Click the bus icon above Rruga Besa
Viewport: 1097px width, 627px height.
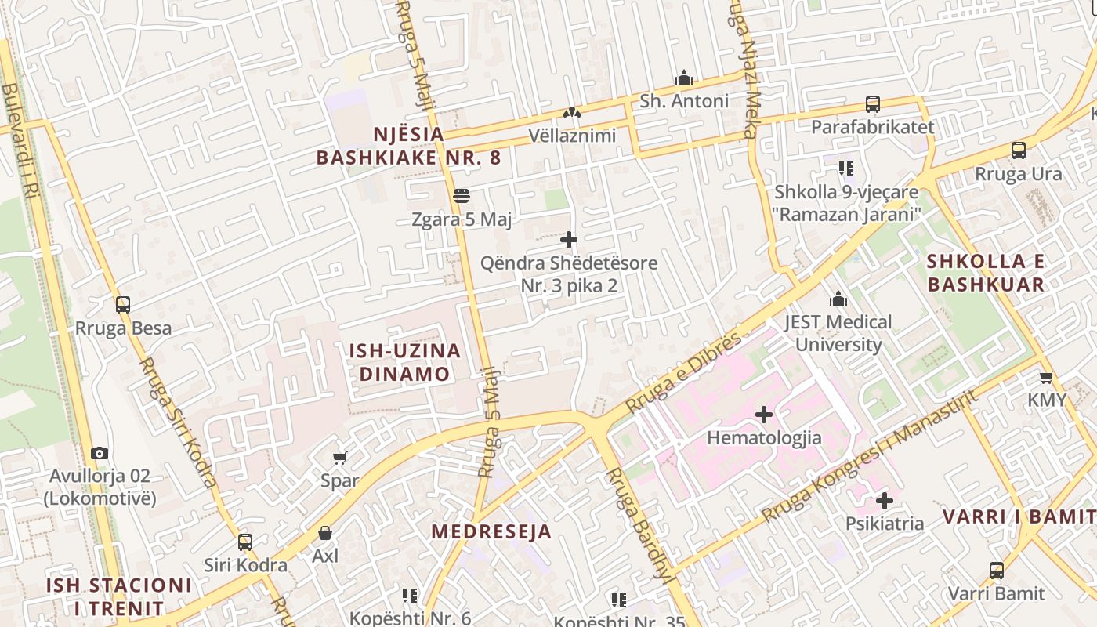(123, 305)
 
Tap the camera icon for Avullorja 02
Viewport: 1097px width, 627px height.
(99, 453)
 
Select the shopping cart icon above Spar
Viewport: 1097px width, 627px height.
(339, 458)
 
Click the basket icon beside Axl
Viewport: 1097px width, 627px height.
(325, 533)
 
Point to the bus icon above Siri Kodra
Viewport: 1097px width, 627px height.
(245, 542)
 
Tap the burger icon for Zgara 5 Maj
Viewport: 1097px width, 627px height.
(461, 195)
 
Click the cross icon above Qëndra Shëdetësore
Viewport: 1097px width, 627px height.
(569, 240)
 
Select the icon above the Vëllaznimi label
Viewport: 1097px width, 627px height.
(572, 113)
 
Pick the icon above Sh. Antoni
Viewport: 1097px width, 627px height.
(684, 78)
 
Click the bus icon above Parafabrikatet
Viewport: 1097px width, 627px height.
(872, 103)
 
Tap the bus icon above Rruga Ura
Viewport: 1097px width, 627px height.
(1018, 150)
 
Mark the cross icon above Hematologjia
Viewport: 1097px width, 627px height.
(764, 415)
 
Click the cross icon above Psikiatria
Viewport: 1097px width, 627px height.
(885, 500)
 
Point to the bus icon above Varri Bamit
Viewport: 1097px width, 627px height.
(997, 571)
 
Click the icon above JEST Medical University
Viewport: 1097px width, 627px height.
(838, 299)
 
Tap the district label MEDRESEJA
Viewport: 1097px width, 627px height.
(491, 531)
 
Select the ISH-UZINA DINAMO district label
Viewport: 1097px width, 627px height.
(405, 362)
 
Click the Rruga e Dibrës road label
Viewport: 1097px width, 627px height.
(683, 372)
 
